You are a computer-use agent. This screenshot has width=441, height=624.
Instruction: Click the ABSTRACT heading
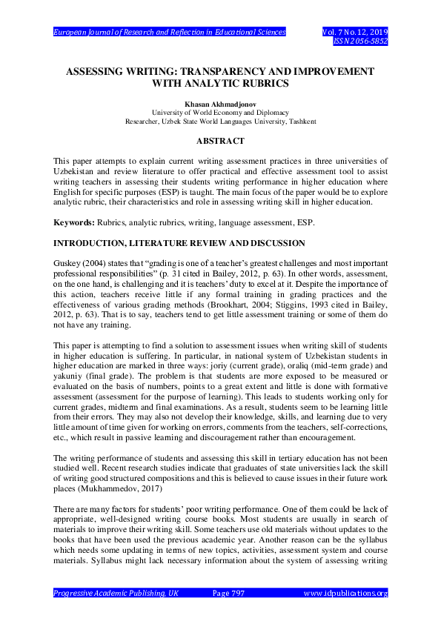click(220, 139)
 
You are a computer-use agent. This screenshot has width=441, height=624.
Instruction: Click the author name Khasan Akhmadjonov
click(220, 104)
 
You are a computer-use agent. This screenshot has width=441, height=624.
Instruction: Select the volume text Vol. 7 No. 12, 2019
click(355, 33)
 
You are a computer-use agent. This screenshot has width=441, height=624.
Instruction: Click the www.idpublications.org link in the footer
click(346, 593)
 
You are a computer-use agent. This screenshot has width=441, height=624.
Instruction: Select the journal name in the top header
click(170, 33)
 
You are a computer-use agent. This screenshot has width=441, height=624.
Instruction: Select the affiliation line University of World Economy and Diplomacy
click(220, 113)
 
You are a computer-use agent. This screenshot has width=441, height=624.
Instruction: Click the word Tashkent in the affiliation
click(302, 121)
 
